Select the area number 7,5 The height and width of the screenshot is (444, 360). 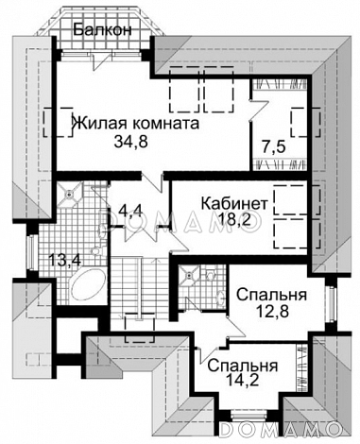coord(273,146)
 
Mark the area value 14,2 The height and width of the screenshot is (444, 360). coord(243,386)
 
